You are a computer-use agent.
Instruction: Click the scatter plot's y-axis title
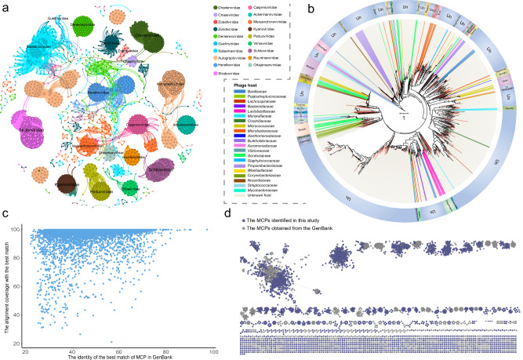point(7,282)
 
